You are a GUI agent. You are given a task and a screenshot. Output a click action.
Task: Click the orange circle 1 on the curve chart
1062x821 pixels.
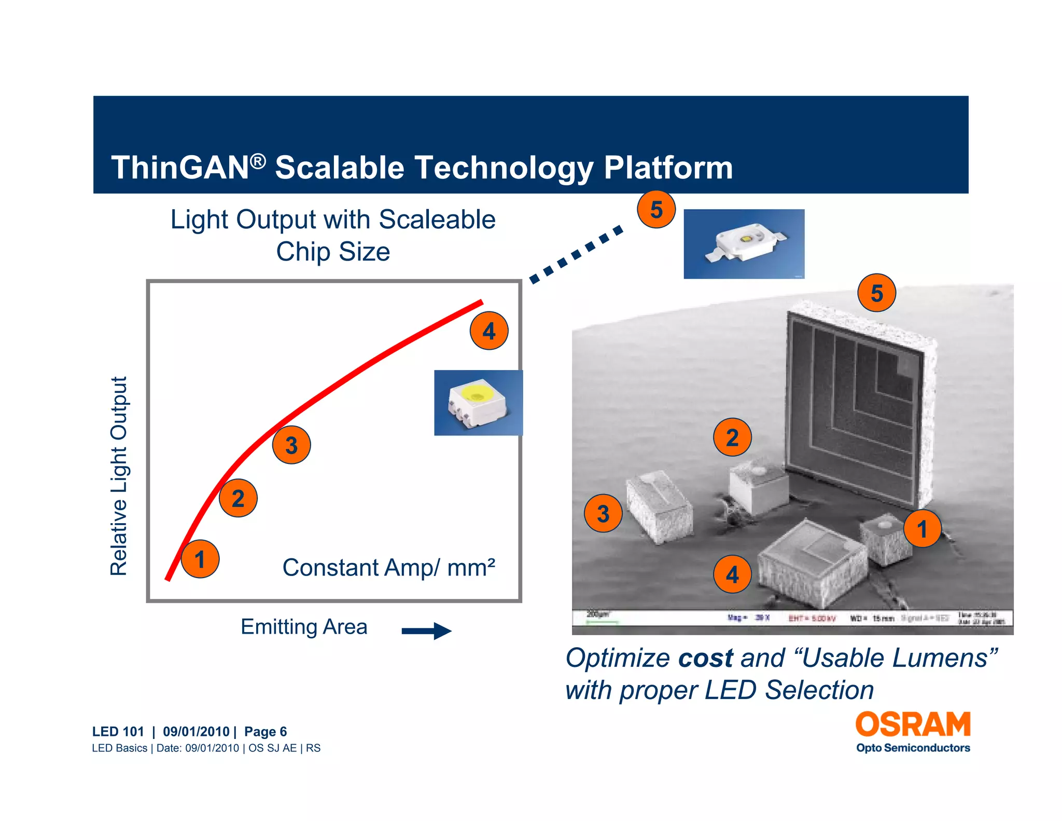coord(200,559)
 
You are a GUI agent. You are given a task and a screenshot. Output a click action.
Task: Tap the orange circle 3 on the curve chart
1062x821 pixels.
coord(291,445)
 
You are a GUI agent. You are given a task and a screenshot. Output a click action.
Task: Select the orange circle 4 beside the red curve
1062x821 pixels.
coord(489,331)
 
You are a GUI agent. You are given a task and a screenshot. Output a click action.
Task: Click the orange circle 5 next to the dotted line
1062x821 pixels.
coord(656,209)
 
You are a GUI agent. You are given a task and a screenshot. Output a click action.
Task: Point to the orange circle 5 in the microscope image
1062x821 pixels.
coord(877,293)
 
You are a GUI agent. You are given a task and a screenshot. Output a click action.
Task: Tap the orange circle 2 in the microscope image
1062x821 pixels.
coord(732,437)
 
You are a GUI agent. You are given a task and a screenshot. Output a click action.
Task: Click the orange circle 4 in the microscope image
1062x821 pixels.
coord(732,574)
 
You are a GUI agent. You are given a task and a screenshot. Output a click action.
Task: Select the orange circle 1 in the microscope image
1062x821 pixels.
coord(922,529)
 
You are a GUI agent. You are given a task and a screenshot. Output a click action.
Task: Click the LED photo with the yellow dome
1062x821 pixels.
coord(478,403)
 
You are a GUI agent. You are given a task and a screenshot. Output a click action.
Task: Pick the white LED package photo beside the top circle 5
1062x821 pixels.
coord(744,244)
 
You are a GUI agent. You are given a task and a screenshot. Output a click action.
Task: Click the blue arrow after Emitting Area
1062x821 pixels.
coord(426,631)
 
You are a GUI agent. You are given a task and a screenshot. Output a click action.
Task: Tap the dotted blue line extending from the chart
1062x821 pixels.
coord(576,254)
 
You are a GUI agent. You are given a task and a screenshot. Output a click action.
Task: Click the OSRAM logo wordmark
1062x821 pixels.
coord(913,724)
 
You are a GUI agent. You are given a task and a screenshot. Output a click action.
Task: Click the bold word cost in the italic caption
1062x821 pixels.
coord(705,658)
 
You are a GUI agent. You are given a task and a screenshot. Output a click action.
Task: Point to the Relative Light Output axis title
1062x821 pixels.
coord(119,476)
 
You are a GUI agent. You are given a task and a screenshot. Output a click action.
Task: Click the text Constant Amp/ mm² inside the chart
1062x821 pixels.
coord(388,567)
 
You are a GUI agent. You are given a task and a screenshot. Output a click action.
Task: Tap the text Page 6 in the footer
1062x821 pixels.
coord(265,731)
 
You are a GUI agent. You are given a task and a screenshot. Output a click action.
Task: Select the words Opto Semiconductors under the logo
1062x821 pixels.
coord(913,748)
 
